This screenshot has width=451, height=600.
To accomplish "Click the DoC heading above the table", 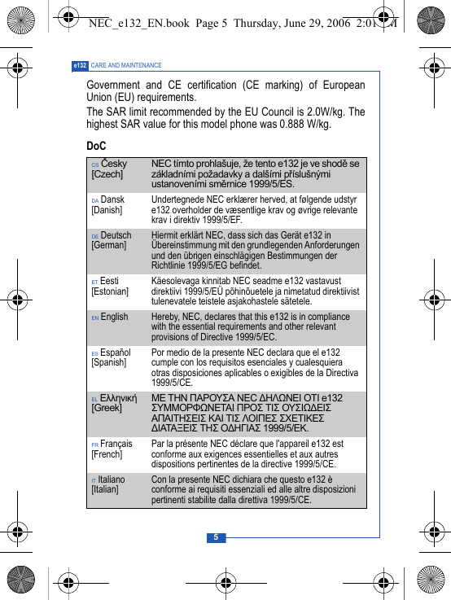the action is (96, 146).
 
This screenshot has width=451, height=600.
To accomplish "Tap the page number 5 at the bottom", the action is (216, 537).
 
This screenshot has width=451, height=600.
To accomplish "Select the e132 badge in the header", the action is (80, 65).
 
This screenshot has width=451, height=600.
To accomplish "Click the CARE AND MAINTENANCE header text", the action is (126, 65).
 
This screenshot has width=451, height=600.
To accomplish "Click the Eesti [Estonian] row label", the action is (110, 286).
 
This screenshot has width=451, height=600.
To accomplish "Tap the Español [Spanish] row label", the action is (111, 358).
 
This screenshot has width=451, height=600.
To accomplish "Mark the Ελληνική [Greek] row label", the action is (113, 402).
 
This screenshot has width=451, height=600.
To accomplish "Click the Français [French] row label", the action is (112, 449).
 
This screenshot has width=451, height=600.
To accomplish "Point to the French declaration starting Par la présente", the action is (248, 453).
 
